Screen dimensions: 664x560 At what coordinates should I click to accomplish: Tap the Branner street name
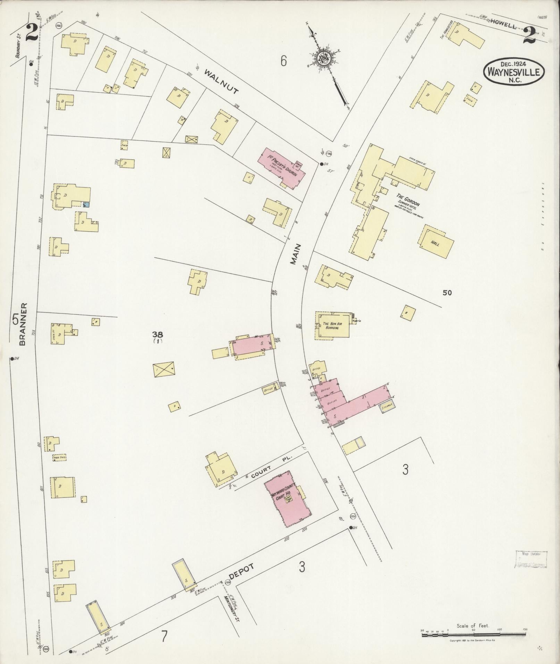(x=23, y=324)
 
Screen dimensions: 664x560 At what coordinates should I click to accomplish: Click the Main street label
(x=296, y=254)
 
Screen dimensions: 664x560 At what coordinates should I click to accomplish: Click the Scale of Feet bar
(x=474, y=634)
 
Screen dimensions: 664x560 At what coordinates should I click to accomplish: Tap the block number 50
(x=447, y=293)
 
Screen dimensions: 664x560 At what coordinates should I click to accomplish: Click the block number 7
(x=164, y=637)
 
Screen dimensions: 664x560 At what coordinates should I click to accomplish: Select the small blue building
(x=86, y=204)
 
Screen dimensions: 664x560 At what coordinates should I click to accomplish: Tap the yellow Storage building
(x=387, y=406)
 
